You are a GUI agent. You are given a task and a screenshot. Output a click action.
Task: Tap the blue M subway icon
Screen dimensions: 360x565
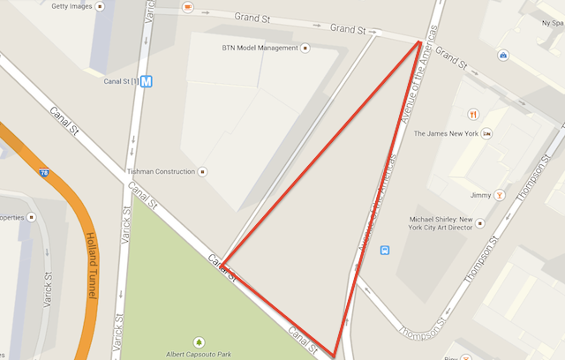(147, 82)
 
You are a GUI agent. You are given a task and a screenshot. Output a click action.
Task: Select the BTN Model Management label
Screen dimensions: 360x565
(260, 48)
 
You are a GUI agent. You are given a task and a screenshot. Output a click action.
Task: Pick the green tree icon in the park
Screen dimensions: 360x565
(200, 341)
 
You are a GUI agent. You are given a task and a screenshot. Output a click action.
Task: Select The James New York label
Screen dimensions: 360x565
(446, 134)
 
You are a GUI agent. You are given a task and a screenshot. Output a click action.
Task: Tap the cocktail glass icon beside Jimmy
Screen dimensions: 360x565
(500, 195)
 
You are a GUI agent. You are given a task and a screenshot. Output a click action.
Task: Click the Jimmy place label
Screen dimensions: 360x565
(480, 195)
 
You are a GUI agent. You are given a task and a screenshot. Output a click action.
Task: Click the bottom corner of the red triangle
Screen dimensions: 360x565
(335, 355)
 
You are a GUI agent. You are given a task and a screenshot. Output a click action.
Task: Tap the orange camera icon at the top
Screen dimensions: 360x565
(188, 7)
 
